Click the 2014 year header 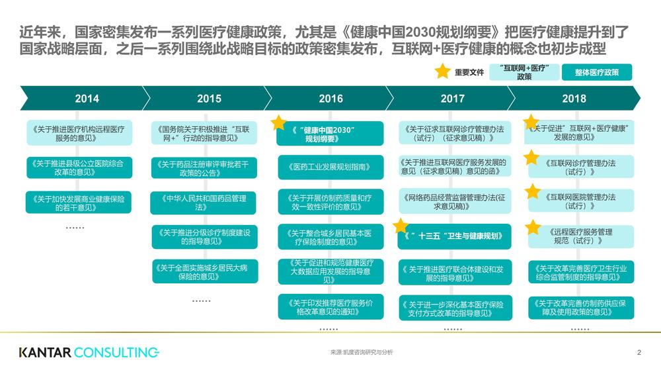[87, 99]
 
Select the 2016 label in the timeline [330, 99]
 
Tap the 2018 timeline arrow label [574, 99]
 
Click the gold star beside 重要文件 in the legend [443, 71]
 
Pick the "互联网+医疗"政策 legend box [524, 72]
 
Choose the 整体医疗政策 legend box [596, 72]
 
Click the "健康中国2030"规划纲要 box [330, 134]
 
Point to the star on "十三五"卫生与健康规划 [401, 226]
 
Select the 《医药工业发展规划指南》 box [330, 167]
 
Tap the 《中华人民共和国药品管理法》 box [203, 203]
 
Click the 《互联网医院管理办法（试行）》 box [581, 201]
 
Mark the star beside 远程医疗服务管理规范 [533, 227]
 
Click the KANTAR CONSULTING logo [89, 352]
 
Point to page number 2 [639, 352]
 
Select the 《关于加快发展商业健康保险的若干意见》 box [79, 203]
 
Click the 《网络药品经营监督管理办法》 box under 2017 [455, 202]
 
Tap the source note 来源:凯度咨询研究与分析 [362, 352]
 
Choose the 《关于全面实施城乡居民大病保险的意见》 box [205, 271]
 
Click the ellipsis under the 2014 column [75, 228]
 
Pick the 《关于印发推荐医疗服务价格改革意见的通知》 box [330, 307]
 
